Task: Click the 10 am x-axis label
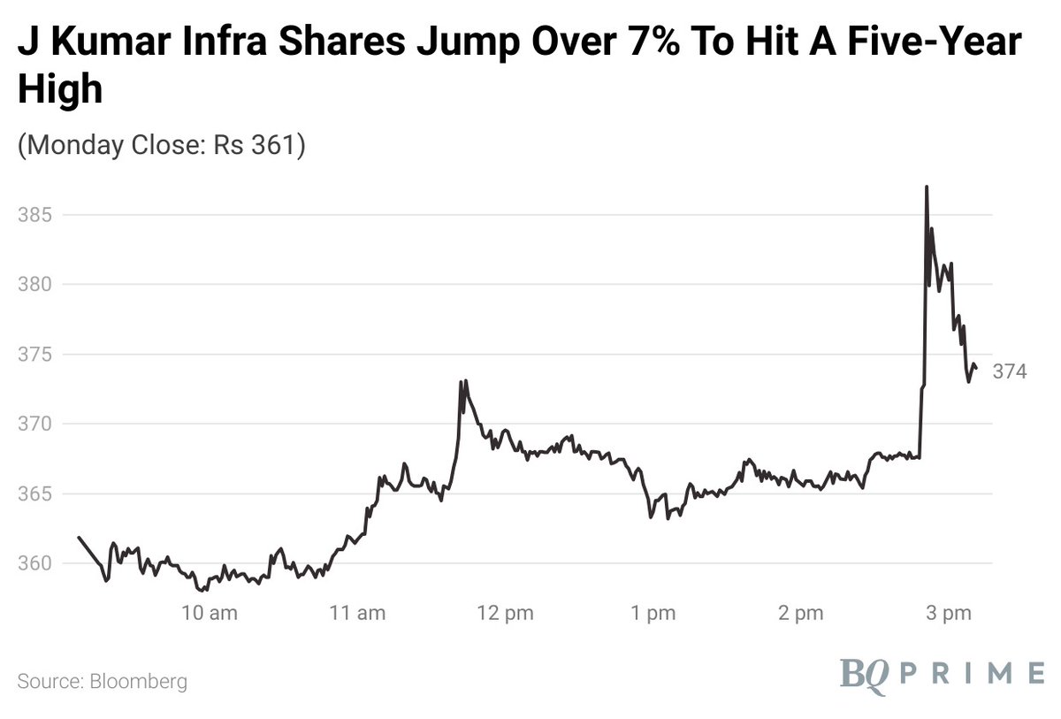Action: [210, 612]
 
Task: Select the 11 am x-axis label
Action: [357, 612]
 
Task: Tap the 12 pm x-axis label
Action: [505, 612]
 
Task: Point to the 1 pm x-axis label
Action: [653, 612]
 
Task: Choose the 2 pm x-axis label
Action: [801, 612]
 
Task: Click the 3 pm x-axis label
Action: [949, 612]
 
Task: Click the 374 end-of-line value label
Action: [1009, 372]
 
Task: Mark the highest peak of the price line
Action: [926, 187]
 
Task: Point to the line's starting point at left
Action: [79, 537]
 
